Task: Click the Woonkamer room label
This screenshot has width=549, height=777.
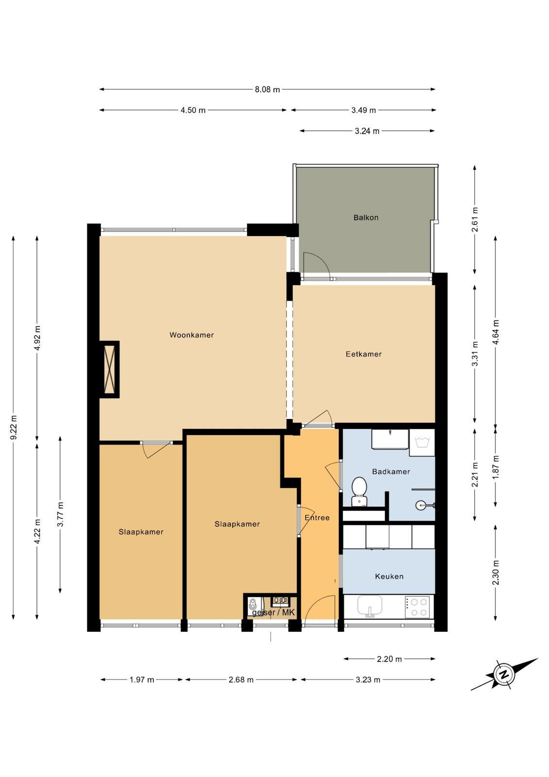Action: pyautogui.click(x=191, y=335)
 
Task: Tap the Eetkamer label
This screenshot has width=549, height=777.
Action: pyautogui.click(x=364, y=354)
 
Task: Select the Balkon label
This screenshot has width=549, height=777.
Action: pyautogui.click(x=366, y=218)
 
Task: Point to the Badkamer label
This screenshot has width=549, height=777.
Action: pyautogui.click(x=391, y=472)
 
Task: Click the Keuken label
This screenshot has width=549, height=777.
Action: pyautogui.click(x=389, y=576)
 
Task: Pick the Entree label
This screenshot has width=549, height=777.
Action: pyautogui.click(x=317, y=518)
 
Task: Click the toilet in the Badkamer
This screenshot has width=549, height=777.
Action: pyautogui.click(x=359, y=491)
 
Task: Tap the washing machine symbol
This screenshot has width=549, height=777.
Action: pyautogui.click(x=422, y=442)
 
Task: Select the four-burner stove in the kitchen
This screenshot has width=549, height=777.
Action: pyautogui.click(x=417, y=607)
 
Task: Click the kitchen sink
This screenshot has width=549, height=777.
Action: pyautogui.click(x=370, y=607)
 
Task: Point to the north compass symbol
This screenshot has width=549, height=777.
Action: pyautogui.click(x=505, y=675)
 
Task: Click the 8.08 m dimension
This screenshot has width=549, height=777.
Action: pyautogui.click(x=267, y=89)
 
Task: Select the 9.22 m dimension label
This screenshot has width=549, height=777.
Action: pyautogui.click(x=14, y=427)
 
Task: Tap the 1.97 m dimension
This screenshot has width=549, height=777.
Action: pyautogui.click(x=142, y=679)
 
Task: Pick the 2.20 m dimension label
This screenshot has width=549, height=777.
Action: pyautogui.click(x=389, y=659)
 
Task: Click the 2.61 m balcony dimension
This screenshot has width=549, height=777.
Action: pyautogui.click(x=475, y=220)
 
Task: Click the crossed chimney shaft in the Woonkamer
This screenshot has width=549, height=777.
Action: pyautogui.click(x=110, y=370)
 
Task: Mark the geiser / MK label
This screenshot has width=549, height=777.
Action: pyautogui.click(x=273, y=612)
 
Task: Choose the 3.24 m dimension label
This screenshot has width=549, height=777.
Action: pyautogui.click(x=367, y=131)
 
